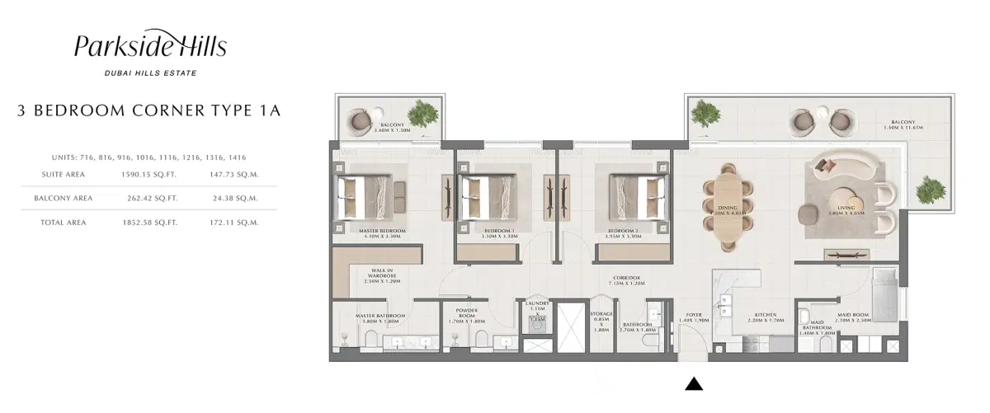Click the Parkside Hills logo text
tap(150, 48)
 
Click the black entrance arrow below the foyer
tap(694, 382)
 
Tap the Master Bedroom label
tap(381, 232)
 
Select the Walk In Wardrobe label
tap(381, 275)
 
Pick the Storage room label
tap(601, 321)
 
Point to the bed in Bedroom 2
tap(639, 196)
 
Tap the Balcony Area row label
tap(63, 199)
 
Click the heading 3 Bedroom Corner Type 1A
tap(148, 110)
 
